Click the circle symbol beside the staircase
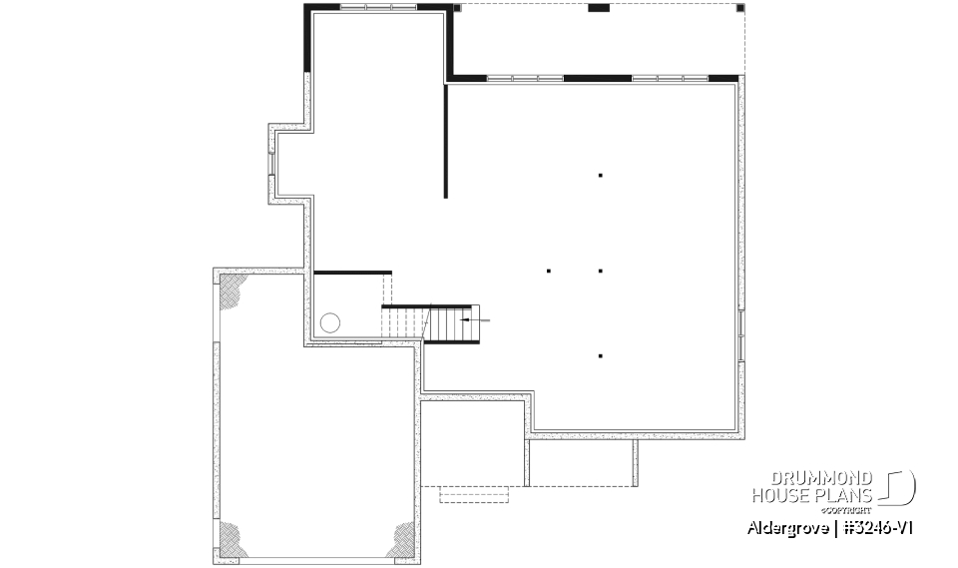click(330, 322)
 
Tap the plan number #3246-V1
click(873, 527)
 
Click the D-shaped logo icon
click(899, 488)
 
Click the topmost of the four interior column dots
click(601, 176)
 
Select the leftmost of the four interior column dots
click(549, 271)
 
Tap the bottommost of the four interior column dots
click(601, 355)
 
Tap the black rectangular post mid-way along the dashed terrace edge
click(598, 8)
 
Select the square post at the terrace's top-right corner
click(739, 8)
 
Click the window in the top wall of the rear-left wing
click(378, 7)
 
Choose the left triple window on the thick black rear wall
click(525, 77)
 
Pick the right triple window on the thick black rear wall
click(671, 77)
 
